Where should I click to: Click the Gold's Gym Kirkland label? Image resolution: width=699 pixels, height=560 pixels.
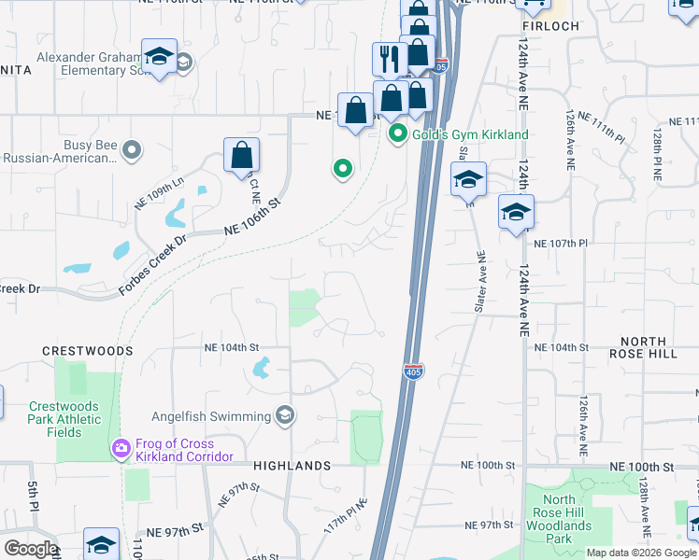470,134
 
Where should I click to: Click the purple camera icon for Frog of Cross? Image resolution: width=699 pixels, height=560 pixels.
120,450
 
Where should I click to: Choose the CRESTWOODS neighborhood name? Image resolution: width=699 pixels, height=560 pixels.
87,351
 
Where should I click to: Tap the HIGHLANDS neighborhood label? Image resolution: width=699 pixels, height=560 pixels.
292,466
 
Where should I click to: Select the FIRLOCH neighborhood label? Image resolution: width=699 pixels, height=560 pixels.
550,26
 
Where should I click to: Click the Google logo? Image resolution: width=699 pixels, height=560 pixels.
30,549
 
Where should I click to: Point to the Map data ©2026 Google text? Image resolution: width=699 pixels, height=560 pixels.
641,553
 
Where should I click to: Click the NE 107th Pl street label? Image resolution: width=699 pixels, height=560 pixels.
560,243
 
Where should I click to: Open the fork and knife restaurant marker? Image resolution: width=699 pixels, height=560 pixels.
388,59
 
